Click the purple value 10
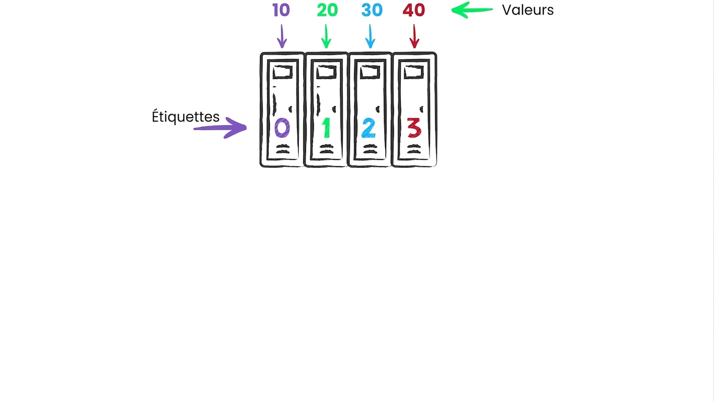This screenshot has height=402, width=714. click(x=281, y=10)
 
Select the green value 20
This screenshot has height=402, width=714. click(x=327, y=10)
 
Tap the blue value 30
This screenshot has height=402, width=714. click(x=372, y=10)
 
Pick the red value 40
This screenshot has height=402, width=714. click(x=414, y=10)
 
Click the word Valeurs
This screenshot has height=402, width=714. click(x=528, y=10)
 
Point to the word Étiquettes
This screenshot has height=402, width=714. click(x=186, y=116)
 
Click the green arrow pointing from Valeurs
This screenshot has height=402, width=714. click(x=472, y=10)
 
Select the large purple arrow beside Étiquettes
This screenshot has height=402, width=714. click(x=220, y=128)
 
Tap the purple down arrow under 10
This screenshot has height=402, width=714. click(x=282, y=36)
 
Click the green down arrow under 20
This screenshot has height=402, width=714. click(x=326, y=36)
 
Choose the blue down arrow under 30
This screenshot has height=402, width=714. click(x=370, y=36)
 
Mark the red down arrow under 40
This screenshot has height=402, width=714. click(x=414, y=36)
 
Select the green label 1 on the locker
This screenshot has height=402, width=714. click(x=326, y=128)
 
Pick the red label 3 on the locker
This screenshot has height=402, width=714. click(x=415, y=128)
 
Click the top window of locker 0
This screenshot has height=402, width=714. click(x=283, y=72)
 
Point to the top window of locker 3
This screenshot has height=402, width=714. click(x=414, y=72)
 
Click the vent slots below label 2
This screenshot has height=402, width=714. click(x=370, y=149)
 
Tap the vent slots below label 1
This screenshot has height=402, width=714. click(x=326, y=149)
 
